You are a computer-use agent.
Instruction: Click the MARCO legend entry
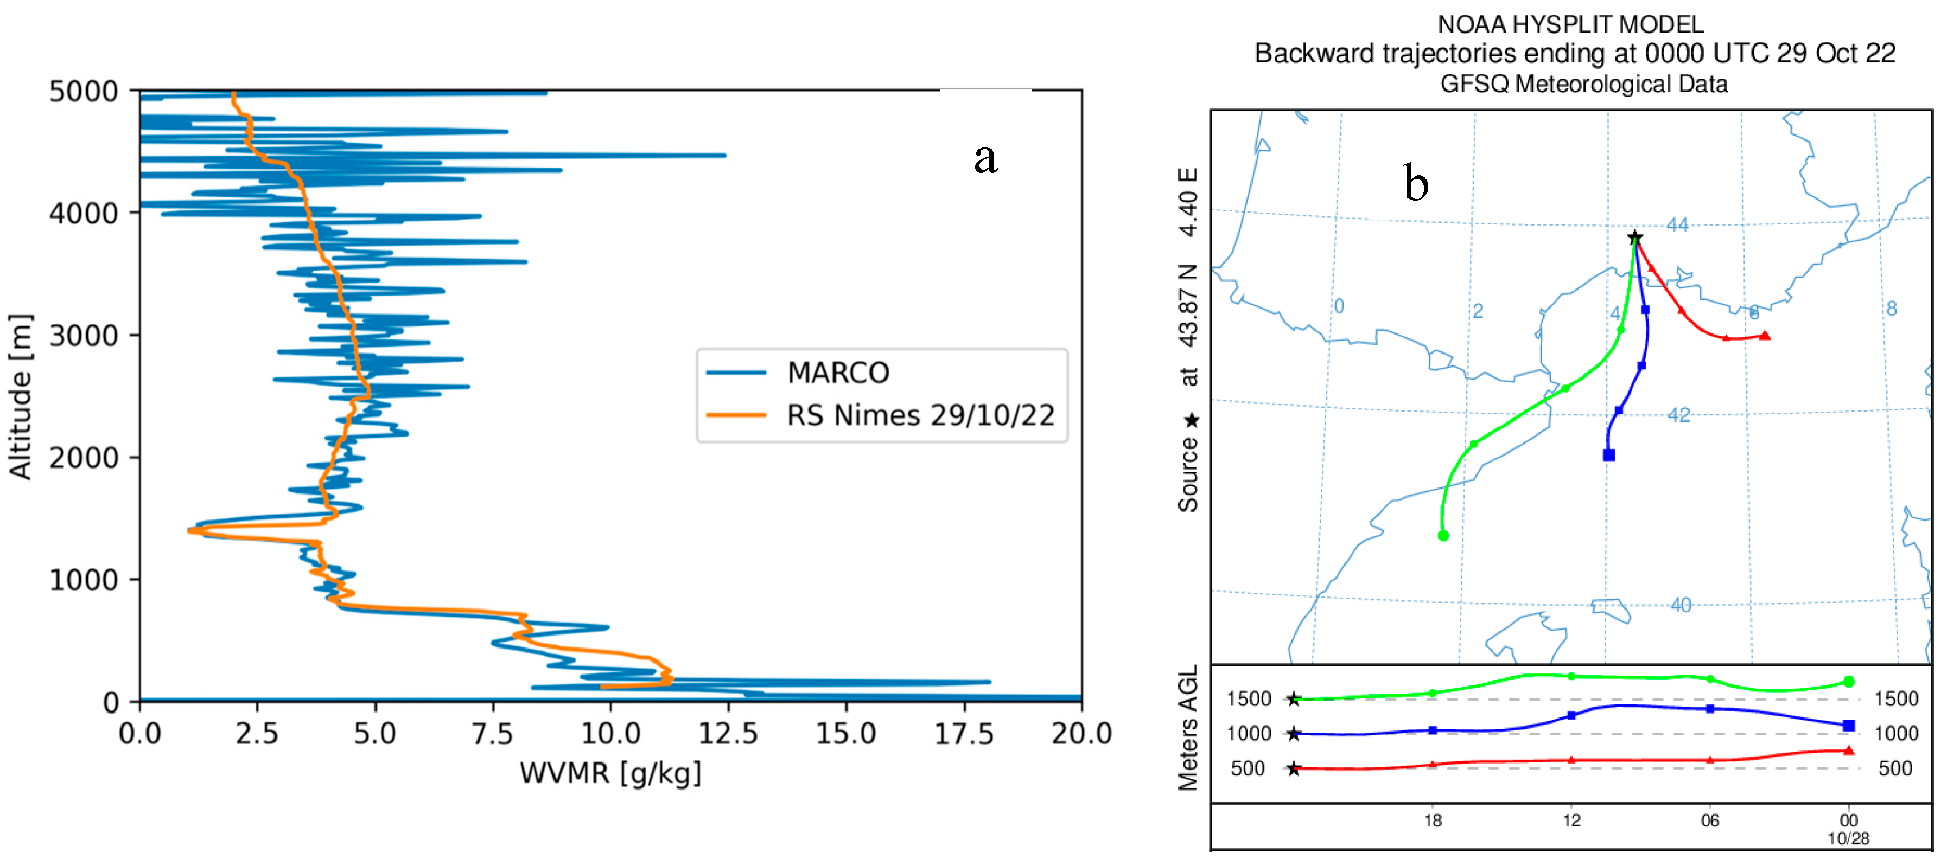837,373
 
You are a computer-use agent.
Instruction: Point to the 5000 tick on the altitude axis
84,92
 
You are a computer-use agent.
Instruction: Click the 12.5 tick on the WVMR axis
728,733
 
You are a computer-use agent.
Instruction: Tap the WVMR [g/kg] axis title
610,773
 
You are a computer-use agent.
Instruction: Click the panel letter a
985,159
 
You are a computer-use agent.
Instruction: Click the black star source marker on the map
1634,238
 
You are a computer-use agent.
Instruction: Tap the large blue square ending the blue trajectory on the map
1609,456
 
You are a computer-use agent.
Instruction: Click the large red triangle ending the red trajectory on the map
1765,336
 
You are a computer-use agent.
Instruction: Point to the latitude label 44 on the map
1677,225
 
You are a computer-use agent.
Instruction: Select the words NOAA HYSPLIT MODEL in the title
1570,25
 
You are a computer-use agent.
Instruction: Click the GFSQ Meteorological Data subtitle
1584,84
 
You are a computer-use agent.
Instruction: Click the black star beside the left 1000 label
1294,734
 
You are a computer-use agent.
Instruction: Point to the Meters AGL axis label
1188,728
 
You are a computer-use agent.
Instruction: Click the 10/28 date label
1848,839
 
